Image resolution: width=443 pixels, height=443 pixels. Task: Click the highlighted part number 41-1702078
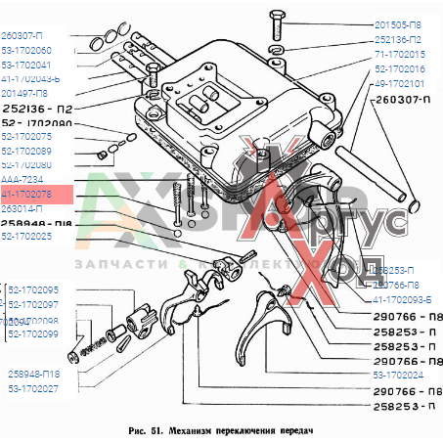click(x=27, y=195)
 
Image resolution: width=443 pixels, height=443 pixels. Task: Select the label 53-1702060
click(x=27, y=50)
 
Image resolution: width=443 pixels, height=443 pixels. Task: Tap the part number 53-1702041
click(x=27, y=64)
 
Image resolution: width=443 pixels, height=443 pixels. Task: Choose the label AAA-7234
click(x=22, y=181)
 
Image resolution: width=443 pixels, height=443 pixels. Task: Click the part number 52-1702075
click(x=27, y=138)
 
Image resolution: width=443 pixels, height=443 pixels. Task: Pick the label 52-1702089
click(x=27, y=152)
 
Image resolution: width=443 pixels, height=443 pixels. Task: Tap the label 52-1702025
click(x=27, y=236)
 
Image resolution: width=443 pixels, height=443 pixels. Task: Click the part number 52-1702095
click(x=34, y=290)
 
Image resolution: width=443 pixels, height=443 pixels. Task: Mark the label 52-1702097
click(x=34, y=305)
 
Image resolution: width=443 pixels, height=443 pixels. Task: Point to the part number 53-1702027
click(x=34, y=388)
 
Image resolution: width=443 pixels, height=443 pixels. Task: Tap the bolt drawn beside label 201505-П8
click(x=277, y=24)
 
